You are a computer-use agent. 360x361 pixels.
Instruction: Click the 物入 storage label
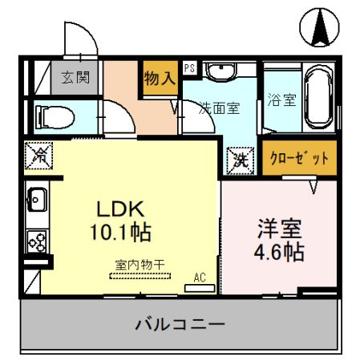[160, 78]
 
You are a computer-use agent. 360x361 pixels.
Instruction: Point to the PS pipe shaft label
[189, 68]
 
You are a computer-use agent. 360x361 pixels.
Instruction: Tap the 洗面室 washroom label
[220, 108]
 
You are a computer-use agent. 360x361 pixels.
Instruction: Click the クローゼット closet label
[299, 158]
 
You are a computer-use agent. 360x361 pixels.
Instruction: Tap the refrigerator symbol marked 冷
[37, 156]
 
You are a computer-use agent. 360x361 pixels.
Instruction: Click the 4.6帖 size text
[280, 251]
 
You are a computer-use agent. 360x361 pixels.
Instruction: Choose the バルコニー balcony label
[180, 325]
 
